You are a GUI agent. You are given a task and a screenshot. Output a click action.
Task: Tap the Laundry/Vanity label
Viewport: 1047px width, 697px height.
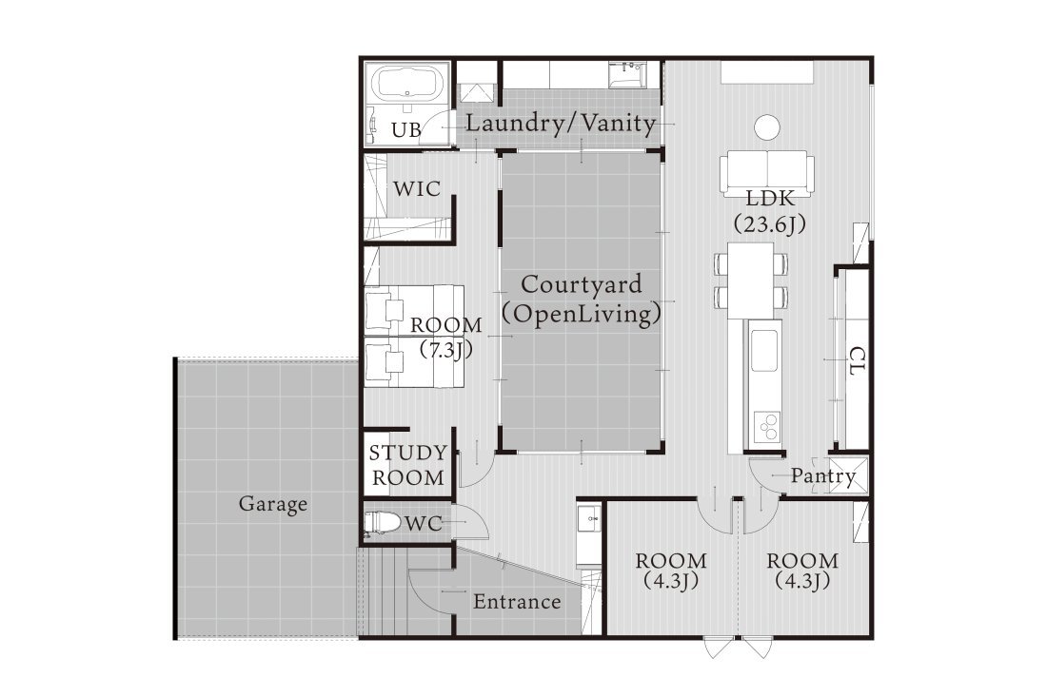coord(563,124)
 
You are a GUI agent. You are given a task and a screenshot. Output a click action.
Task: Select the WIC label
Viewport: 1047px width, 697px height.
coord(417,189)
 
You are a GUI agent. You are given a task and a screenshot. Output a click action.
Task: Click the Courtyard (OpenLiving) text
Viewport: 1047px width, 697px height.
coord(581,299)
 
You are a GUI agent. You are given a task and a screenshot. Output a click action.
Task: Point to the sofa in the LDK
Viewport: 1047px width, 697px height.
coord(767,171)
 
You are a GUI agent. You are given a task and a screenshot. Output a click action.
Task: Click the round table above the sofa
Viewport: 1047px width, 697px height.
coord(767,126)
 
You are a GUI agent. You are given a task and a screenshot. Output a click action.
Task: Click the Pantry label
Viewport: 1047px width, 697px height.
coord(823,476)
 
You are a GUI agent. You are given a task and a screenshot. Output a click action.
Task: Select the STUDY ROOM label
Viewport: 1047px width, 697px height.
coord(406,465)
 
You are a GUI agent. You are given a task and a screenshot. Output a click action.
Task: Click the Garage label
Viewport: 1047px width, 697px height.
coord(272,504)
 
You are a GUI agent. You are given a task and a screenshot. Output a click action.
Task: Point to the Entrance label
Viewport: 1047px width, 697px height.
coord(517,602)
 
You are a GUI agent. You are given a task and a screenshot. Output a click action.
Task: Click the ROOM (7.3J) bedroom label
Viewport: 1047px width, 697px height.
coord(445,337)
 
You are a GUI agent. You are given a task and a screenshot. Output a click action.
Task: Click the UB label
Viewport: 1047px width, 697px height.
coord(405,130)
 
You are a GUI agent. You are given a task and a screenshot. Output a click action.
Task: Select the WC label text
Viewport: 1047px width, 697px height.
coord(425,523)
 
